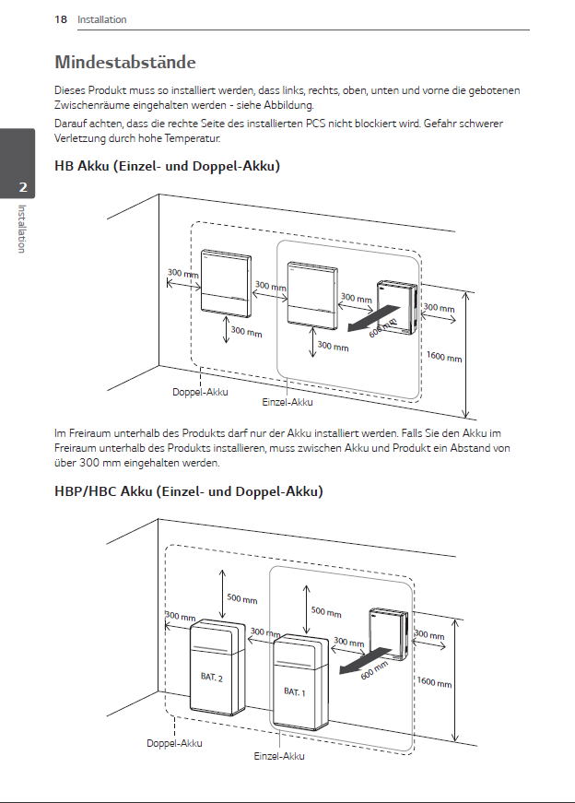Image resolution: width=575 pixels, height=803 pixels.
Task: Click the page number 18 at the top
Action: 61,19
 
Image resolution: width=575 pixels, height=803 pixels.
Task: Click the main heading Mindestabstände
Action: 124,63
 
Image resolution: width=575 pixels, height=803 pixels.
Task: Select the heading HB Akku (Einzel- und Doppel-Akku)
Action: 167,166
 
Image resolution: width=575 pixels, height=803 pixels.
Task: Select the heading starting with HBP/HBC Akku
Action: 189,491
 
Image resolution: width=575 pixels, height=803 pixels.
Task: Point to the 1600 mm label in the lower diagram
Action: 434,682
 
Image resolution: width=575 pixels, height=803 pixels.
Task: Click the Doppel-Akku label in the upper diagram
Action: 200,392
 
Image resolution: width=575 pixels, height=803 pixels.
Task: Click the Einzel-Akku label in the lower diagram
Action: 278,756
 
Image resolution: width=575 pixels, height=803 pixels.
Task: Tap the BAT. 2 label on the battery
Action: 211,678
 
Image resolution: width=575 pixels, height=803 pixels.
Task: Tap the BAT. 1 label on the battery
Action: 294,691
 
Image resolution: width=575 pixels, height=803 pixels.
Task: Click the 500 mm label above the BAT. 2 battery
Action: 241,598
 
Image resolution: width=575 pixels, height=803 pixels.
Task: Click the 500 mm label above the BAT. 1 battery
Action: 325,611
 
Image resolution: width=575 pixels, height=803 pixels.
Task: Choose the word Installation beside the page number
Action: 101,19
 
